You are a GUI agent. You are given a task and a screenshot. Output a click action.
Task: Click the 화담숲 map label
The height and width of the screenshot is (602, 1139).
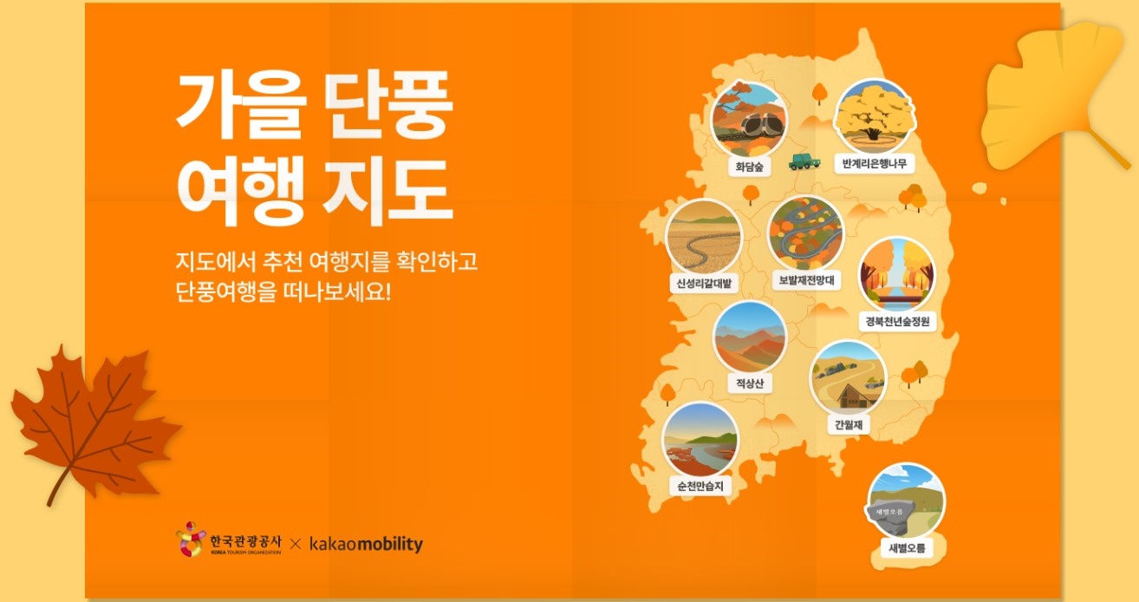tap(747, 167)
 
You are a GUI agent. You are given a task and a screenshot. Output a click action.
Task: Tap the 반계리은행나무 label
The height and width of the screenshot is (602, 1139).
tap(873, 162)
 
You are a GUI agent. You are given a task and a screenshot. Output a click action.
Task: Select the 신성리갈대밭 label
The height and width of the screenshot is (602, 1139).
tap(704, 283)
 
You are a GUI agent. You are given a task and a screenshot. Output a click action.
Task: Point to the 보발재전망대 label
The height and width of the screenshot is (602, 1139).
tap(805, 280)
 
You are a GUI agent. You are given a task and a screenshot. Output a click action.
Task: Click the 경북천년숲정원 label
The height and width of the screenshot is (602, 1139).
tap(898, 322)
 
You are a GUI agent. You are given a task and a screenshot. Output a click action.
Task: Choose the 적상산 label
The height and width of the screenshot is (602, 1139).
tap(749, 383)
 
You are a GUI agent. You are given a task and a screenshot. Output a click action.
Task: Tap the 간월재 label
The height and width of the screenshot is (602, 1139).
tap(847, 424)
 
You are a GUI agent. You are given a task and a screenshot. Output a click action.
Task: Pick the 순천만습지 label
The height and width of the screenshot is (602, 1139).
tap(700, 486)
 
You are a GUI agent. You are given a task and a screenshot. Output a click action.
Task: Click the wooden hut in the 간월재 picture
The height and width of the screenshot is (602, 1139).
tap(854, 394)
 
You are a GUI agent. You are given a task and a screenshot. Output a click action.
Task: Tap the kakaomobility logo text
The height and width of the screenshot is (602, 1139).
tap(366, 545)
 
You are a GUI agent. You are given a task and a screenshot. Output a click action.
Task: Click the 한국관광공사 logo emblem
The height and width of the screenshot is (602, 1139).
tap(190, 540)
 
